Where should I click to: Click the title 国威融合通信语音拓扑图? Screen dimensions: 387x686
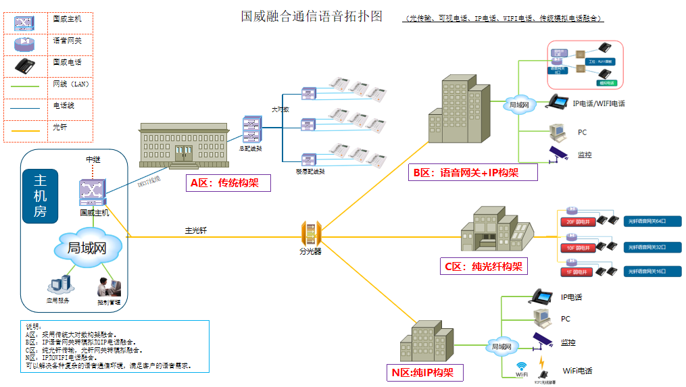312,16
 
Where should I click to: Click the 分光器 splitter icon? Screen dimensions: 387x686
311,233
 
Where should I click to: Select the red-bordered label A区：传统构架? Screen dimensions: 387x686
228,183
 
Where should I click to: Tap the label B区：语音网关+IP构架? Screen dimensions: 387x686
472,172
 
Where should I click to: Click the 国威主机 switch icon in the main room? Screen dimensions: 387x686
93,193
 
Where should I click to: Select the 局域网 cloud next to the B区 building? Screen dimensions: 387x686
518,105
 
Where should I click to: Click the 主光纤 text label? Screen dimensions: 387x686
195,230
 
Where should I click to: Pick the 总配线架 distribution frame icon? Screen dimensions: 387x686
251,130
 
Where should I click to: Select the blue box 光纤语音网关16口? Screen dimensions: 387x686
652,271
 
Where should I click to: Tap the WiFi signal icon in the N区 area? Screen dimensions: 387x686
521,367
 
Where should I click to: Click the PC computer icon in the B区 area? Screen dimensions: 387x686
557,131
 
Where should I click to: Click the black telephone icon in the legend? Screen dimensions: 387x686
26,66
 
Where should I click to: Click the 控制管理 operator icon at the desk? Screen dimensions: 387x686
107,286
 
